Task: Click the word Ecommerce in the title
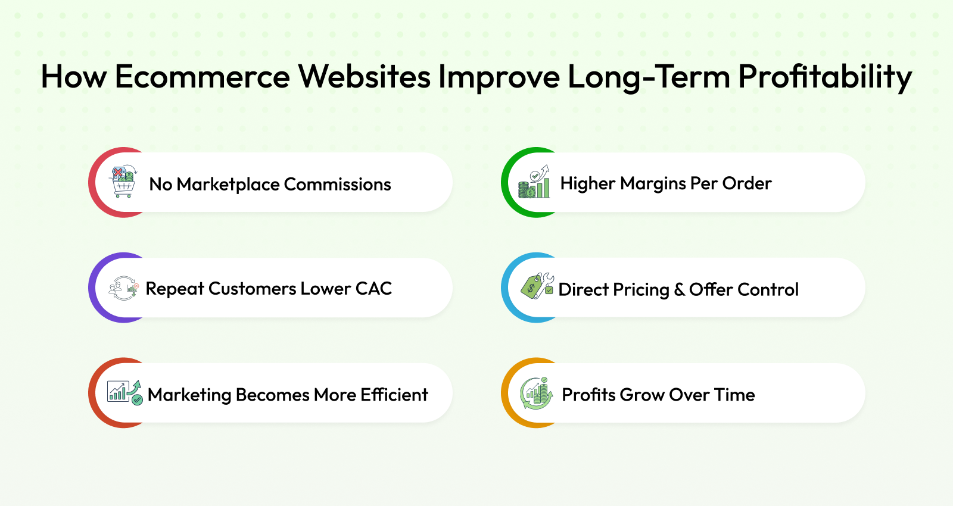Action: coord(203,77)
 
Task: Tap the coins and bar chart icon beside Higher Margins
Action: coord(534,182)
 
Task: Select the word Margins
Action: coord(653,184)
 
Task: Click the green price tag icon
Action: coord(537,286)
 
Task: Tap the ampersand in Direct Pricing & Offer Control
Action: coord(679,289)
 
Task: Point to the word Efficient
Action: coord(394,395)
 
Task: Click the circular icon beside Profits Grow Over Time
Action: coord(536,393)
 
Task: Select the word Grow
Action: coord(641,395)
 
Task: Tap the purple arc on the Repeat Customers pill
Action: coord(93,288)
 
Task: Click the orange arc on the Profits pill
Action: coord(506,393)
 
